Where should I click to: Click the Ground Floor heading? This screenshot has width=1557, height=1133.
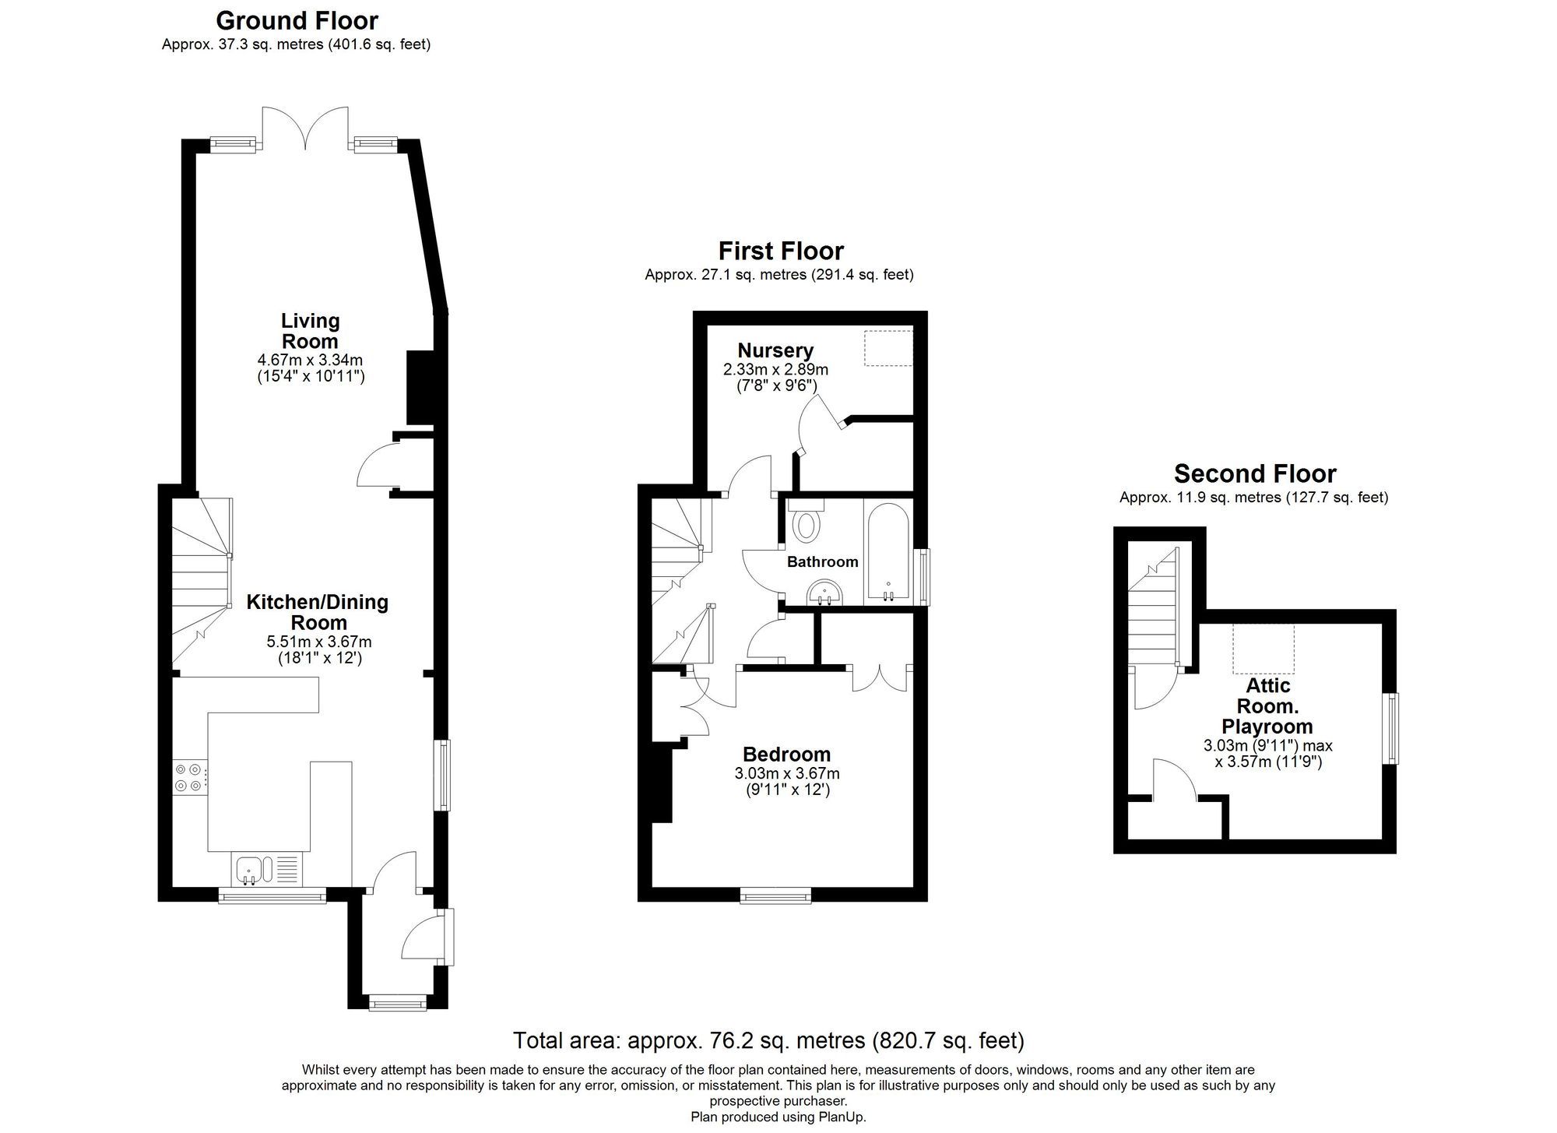pyautogui.click(x=297, y=20)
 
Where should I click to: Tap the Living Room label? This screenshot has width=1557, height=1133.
pyautogui.click(x=310, y=331)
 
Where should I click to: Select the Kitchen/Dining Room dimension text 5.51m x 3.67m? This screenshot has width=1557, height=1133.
pyautogui.click(x=319, y=642)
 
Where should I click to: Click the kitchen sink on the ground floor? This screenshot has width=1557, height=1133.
pyautogui.click(x=251, y=869)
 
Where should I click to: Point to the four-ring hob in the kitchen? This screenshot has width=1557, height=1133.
pyautogui.click(x=190, y=778)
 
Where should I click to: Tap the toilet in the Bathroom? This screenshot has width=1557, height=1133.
pyautogui.click(x=806, y=523)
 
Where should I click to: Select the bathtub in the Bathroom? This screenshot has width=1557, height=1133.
pyautogui.click(x=887, y=554)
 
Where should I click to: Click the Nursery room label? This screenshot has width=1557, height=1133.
pyautogui.click(x=775, y=350)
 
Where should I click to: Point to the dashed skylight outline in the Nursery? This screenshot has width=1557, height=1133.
pyautogui.click(x=887, y=348)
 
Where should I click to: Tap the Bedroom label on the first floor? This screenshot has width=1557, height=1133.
pyautogui.click(x=786, y=754)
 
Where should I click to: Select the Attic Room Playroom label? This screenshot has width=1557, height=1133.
pyautogui.click(x=1267, y=705)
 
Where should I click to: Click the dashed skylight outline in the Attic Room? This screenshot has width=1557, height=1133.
pyautogui.click(x=1263, y=649)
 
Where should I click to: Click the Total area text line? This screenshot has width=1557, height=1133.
pyautogui.click(x=768, y=1040)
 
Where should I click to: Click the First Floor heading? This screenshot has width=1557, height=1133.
pyautogui.click(x=780, y=251)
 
